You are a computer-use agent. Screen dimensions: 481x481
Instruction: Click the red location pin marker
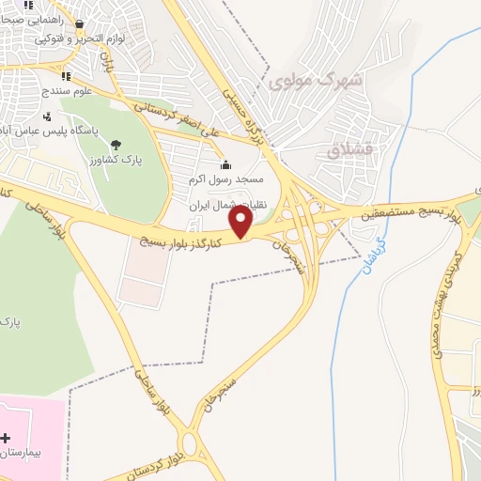(241, 221)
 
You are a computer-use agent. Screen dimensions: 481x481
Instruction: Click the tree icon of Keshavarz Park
(116, 145)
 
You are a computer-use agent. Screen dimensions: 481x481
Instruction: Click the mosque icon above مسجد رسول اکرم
(225, 165)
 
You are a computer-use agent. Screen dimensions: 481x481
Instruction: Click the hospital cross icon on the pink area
(7, 438)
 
